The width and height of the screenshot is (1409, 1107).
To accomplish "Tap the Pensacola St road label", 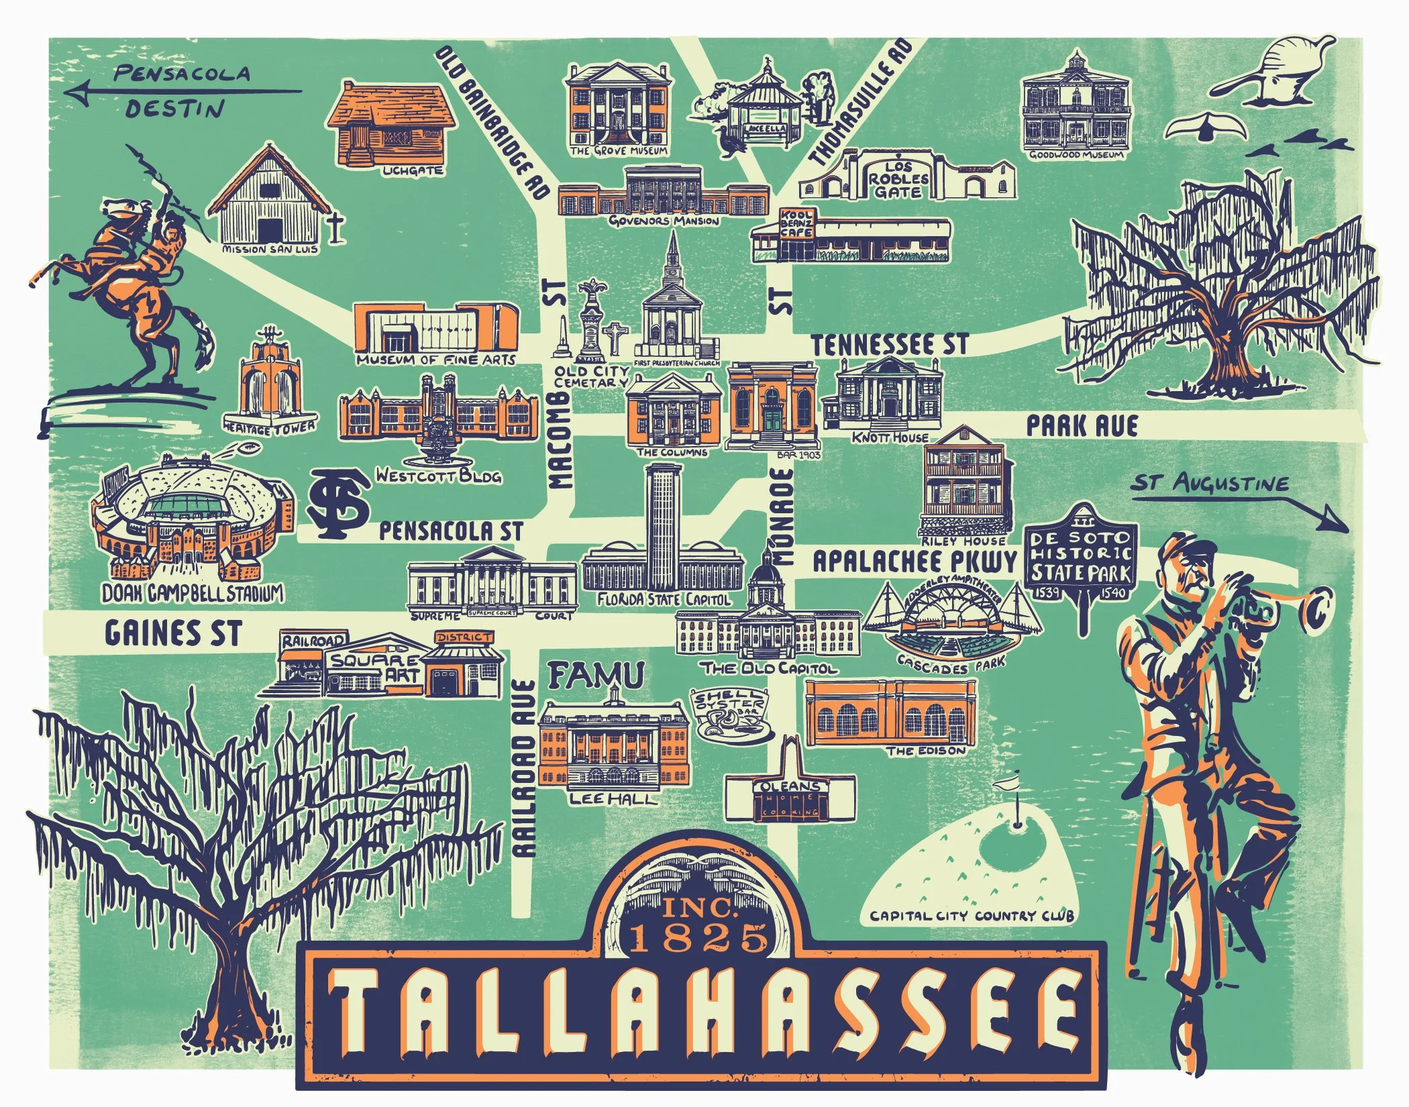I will pyautogui.click(x=450, y=531).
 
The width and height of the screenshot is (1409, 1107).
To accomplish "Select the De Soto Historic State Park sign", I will pyautogui.click(x=1080, y=556).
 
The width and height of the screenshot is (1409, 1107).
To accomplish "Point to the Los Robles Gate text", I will pyautogui.click(x=898, y=178).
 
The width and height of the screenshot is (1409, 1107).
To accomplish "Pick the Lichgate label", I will pyautogui.click(x=413, y=170).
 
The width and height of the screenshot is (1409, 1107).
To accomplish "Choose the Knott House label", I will pyautogui.click(x=890, y=437).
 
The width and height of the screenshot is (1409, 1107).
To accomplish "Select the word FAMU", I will pyautogui.click(x=596, y=675).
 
